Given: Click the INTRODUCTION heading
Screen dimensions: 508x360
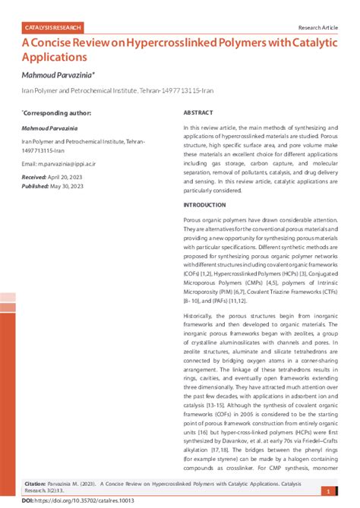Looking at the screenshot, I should click(x=204, y=205).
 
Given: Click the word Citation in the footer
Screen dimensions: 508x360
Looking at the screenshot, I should click(x=37, y=483).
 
